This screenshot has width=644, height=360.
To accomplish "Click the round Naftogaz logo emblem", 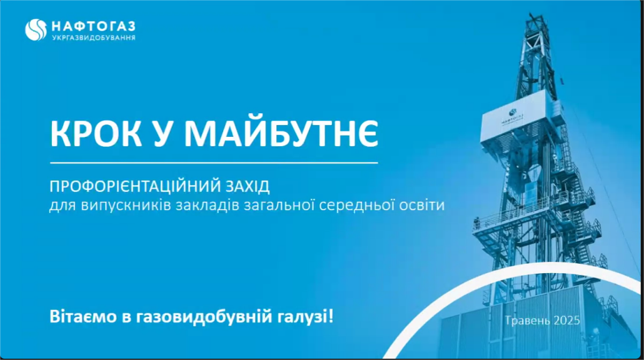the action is point(36,30).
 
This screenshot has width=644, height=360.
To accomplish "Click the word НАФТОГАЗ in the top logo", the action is point(94,27).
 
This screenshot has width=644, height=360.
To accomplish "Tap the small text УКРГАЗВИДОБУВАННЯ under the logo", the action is point(94,37).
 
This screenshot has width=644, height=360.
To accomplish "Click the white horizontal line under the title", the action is point(214,163).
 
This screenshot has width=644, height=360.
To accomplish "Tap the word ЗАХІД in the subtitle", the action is point(247,186).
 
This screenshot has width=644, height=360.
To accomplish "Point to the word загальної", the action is point(279,204).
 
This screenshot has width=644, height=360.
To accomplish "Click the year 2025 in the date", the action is point(566,320).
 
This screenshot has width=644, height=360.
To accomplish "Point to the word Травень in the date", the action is point(527,320).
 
